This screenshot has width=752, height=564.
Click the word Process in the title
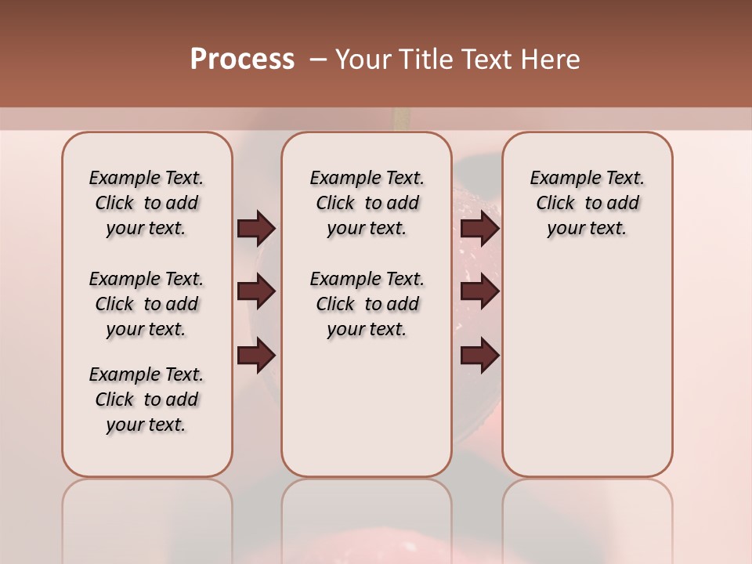coord(242,60)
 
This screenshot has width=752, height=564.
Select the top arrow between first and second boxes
coord(256,228)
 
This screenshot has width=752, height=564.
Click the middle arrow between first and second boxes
coord(256,291)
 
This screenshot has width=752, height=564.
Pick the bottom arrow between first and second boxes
coord(256,356)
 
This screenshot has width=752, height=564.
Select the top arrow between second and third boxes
coord(479,228)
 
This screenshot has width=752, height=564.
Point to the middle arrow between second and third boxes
coord(479,291)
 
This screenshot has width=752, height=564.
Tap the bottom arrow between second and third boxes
coord(479,356)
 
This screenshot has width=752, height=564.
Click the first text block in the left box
coord(146,203)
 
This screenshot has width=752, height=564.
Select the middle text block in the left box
coord(146,304)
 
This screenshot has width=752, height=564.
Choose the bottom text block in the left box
coord(146,399)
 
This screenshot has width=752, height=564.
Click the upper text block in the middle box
coord(367,203)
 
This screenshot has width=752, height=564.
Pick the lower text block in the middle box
coord(367,304)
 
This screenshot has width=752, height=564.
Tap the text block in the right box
coord(587,203)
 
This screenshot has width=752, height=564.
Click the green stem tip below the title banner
coord(402,118)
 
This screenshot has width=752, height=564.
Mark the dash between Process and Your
coord(318,60)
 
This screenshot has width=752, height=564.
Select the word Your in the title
coord(361,60)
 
